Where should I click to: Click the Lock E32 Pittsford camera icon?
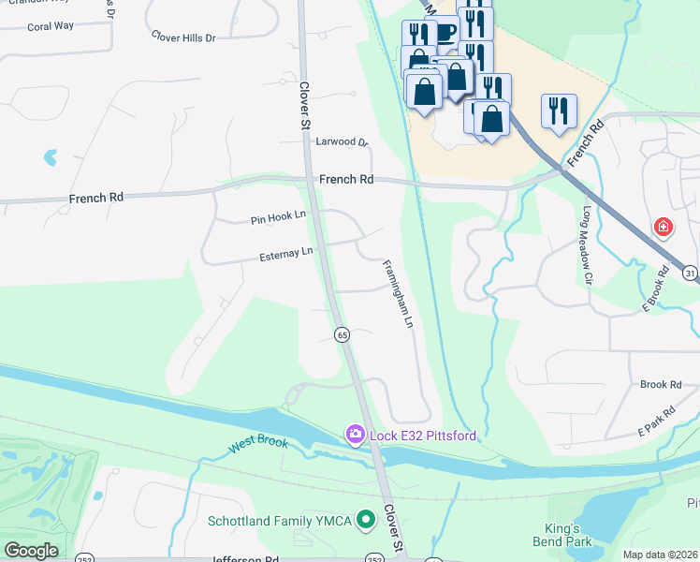tap(355, 434)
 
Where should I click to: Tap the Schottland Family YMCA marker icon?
tap(366, 517)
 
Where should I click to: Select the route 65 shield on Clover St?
tap(342, 334)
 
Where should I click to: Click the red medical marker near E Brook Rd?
tap(663, 228)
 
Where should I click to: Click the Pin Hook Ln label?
tap(278, 218)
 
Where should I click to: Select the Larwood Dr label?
tap(343, 142)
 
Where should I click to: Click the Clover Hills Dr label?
tap(183, 37)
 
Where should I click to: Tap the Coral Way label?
tap(51, 26)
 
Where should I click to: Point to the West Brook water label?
tap(259, 446)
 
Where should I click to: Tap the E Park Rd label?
tap(656, 421)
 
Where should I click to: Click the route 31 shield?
tap(691, 273)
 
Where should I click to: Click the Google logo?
tap(32, 551)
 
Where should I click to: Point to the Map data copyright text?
tap(660, 555)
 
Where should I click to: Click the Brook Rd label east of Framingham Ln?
tap(660, 385)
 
